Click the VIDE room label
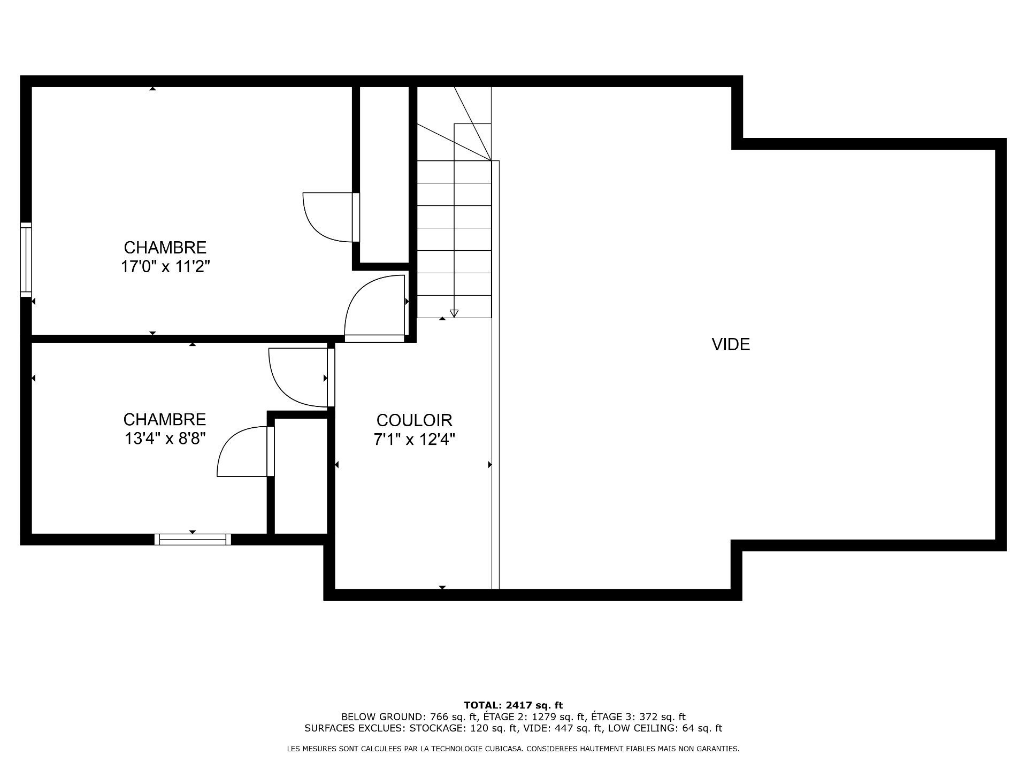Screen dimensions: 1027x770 731,344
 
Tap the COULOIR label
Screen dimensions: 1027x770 415,420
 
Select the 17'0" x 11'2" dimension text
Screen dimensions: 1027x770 165,266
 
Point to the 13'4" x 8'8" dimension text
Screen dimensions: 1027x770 165,438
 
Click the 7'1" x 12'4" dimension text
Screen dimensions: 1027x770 415,440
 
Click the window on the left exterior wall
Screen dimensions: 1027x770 26,259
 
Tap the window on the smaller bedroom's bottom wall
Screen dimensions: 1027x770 193,539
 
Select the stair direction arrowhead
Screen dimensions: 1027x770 454,314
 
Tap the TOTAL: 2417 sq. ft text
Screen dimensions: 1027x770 513,705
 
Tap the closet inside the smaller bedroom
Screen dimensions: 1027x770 300,476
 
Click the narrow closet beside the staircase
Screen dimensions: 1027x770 384,174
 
